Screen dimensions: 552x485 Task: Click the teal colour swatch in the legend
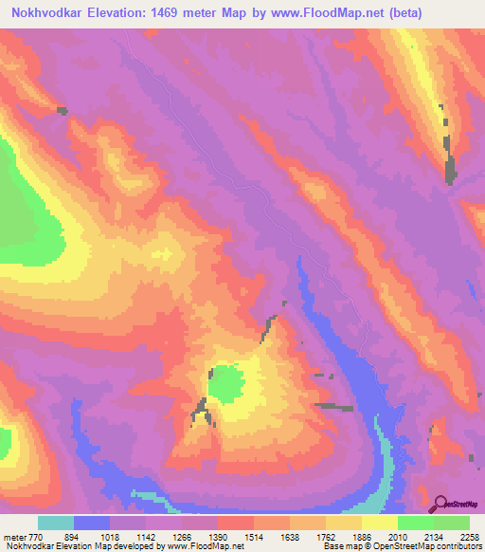pos(56,523)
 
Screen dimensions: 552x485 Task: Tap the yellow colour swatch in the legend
pos(380,523)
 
